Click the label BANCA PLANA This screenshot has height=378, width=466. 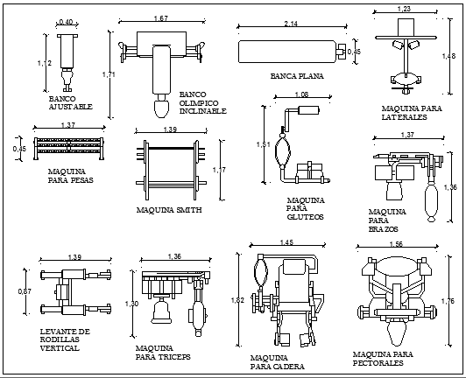pos(297,77)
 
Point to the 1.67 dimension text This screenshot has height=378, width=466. pos(160,18)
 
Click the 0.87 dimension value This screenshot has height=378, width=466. pos(25,290)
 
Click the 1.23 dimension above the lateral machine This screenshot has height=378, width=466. pos(404,9)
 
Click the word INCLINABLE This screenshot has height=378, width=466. pos(202,111)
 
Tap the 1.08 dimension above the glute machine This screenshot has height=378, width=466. pos(301,94)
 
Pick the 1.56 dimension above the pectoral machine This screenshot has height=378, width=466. pos(395,244)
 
